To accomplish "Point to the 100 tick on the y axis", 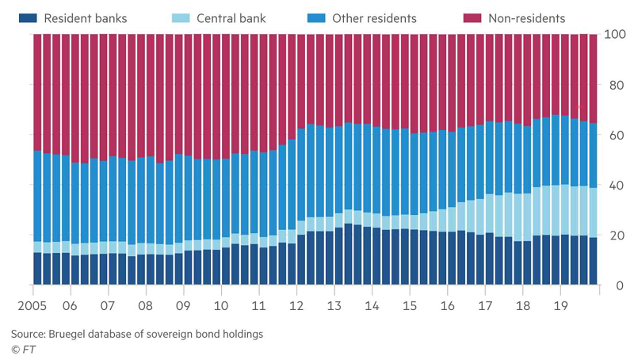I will (615, 35).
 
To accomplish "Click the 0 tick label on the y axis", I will (617, 286).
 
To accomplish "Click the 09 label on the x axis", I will (183, 304).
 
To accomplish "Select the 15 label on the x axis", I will (409, 304).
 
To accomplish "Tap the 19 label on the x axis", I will (560, 304).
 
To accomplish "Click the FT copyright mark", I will (23, 349).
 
